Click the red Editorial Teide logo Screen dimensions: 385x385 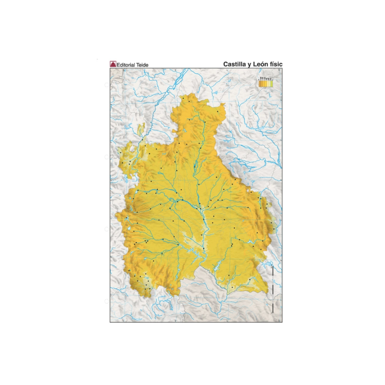coord(113,64)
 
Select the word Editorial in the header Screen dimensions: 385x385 coord(128,65)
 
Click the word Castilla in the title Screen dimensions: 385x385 coord(235,64)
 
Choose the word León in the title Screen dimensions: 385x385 coord(263,64)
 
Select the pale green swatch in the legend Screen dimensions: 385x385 coord(272,85)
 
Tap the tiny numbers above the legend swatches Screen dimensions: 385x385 coord(266,79)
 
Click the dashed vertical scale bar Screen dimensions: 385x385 coord(273,289)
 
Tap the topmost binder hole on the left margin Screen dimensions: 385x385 coord(106,85)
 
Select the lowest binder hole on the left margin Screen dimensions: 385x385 coord(106,301)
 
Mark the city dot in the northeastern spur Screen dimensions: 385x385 coord(218,112)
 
